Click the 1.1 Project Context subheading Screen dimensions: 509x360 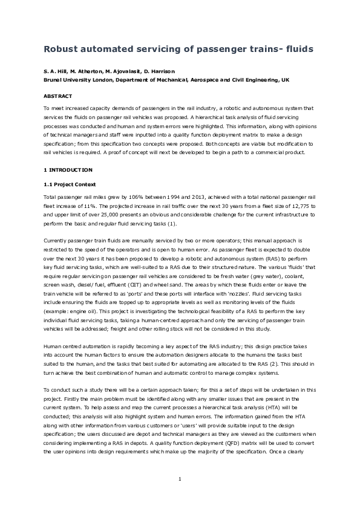(70, 184)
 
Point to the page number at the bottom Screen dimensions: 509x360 (180, 479)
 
